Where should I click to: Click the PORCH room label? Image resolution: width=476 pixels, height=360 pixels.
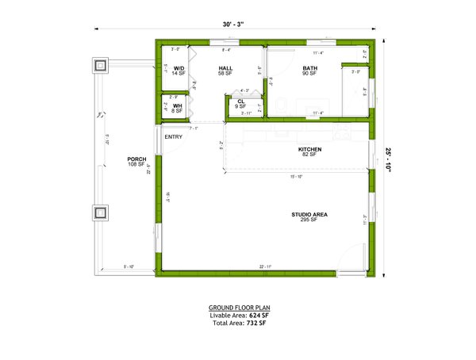pyautogui.click(x=136, y=159)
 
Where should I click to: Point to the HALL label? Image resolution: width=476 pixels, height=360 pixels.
pyautogui.click(x=225, y=69)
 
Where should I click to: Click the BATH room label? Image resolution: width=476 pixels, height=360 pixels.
pyautogui.click(x=309, y=69)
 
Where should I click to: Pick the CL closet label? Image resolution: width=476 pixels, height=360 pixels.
pyautogui.click(x=240, y=101)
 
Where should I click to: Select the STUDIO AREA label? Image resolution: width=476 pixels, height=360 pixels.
pyautogui.click(x=310, y=215)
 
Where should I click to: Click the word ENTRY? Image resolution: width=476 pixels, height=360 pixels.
pyautogui.click(x=174, y=137)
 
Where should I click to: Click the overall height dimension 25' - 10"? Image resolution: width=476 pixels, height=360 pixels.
pyautogui.click(x=389, y=159)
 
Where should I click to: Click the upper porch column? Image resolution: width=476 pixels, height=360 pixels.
pyautogui.click(x=101, y=66)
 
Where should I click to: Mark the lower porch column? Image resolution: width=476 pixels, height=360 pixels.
pyautogui.click(x=101, y=213)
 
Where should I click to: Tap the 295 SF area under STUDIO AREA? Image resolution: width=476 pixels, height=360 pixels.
pyautogui.click(x=310, y=220)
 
